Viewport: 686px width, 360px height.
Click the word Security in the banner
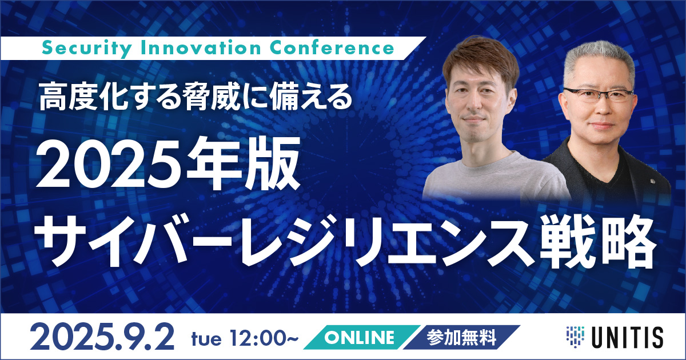point(87,49)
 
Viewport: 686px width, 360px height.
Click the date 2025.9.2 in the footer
point(102,337)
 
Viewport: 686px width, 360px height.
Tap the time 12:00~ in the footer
point(265,338)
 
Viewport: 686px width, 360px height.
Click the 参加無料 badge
point(462,337)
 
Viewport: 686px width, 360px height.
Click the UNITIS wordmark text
point(628,337)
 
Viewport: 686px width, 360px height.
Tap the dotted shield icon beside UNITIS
point(575,337)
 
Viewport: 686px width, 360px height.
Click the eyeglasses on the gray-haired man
point(598,95)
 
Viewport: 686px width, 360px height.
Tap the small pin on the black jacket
point(652,182)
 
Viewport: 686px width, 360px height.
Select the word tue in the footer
point(206,339)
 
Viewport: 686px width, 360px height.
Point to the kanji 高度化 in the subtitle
point(83,98)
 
